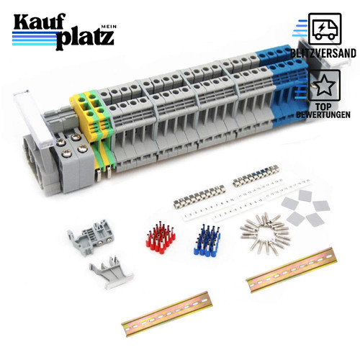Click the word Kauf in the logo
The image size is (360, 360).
click(x=40, y=23)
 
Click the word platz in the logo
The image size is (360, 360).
click(x=85, y=39)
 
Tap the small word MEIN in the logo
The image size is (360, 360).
click(x=109, y=27)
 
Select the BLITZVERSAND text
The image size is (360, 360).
click(x=323, y=53)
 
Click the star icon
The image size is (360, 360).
click(x=324, y=85)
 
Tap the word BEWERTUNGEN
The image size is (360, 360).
click(x=323, y=114)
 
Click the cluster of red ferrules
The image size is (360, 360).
click(x=161, y=238)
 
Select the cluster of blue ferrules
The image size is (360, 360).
click(x=207, y=240)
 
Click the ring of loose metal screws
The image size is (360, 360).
click(x=265, y=233)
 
